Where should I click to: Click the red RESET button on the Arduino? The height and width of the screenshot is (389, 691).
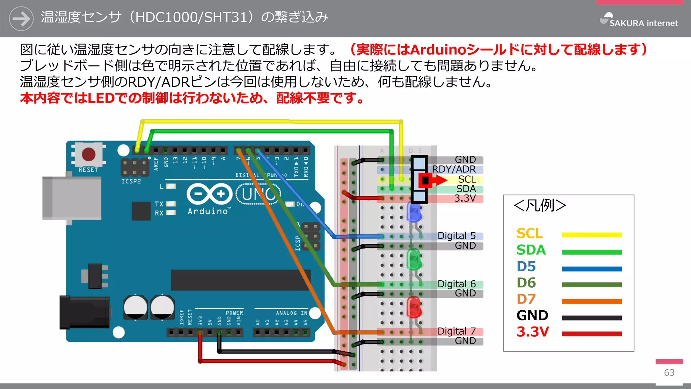88,154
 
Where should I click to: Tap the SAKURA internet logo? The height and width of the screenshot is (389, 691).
639,20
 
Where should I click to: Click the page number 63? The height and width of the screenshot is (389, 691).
669,372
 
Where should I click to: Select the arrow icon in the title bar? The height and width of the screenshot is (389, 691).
21,19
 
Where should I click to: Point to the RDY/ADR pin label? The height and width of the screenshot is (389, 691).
454,169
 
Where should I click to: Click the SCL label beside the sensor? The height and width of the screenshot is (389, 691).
467,179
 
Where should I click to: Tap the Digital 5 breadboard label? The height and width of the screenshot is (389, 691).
457,236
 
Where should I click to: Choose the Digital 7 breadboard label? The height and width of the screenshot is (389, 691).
457,331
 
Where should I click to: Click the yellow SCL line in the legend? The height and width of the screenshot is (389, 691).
592,235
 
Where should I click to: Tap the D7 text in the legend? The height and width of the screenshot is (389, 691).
526,299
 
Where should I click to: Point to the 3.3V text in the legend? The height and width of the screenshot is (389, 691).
533,332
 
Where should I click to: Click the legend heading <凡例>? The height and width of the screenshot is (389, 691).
540,205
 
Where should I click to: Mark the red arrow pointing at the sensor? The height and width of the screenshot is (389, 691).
435,180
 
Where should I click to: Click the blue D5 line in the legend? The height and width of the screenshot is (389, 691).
592,269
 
